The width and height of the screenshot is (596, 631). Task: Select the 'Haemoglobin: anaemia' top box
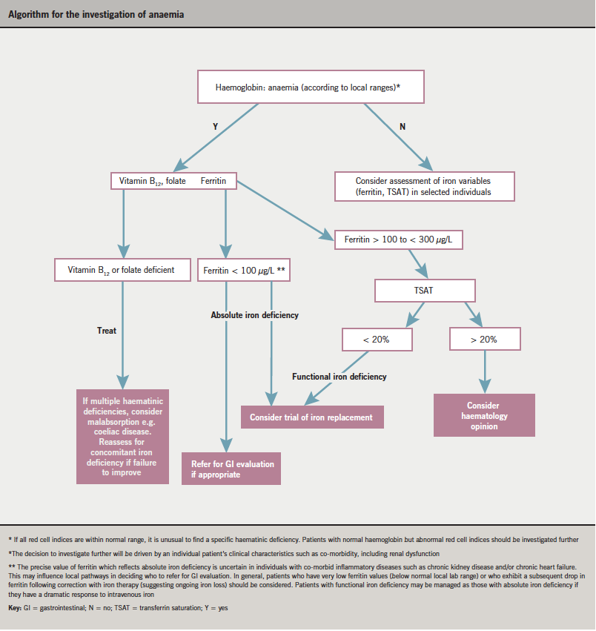click(x=310, y=87)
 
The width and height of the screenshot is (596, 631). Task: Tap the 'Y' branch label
click(x=214, y=127)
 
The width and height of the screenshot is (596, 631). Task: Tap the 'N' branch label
click(x=403, y=127)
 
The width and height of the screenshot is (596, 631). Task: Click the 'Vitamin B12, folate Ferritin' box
click(x=173, y=180)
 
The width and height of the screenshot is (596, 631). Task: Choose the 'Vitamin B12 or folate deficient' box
click(x=123, y=270)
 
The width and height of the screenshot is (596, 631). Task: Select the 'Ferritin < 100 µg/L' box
click(x=244, y=271)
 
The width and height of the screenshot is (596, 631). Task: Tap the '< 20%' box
click(x=377, y=340)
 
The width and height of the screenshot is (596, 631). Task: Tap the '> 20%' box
click(x=485, y=340)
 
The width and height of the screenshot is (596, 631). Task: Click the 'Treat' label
click(x=107, y=331)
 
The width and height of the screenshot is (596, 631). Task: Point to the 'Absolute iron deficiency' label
click(x=254, y=315)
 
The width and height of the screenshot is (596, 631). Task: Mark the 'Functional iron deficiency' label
click(x=339, y=377)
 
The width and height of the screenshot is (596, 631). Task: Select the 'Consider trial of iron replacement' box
click(x=312, y=417)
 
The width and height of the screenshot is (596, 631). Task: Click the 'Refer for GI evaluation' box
click(x=232, y=469)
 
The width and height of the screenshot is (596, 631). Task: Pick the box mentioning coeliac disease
click(x=123, y=437)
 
